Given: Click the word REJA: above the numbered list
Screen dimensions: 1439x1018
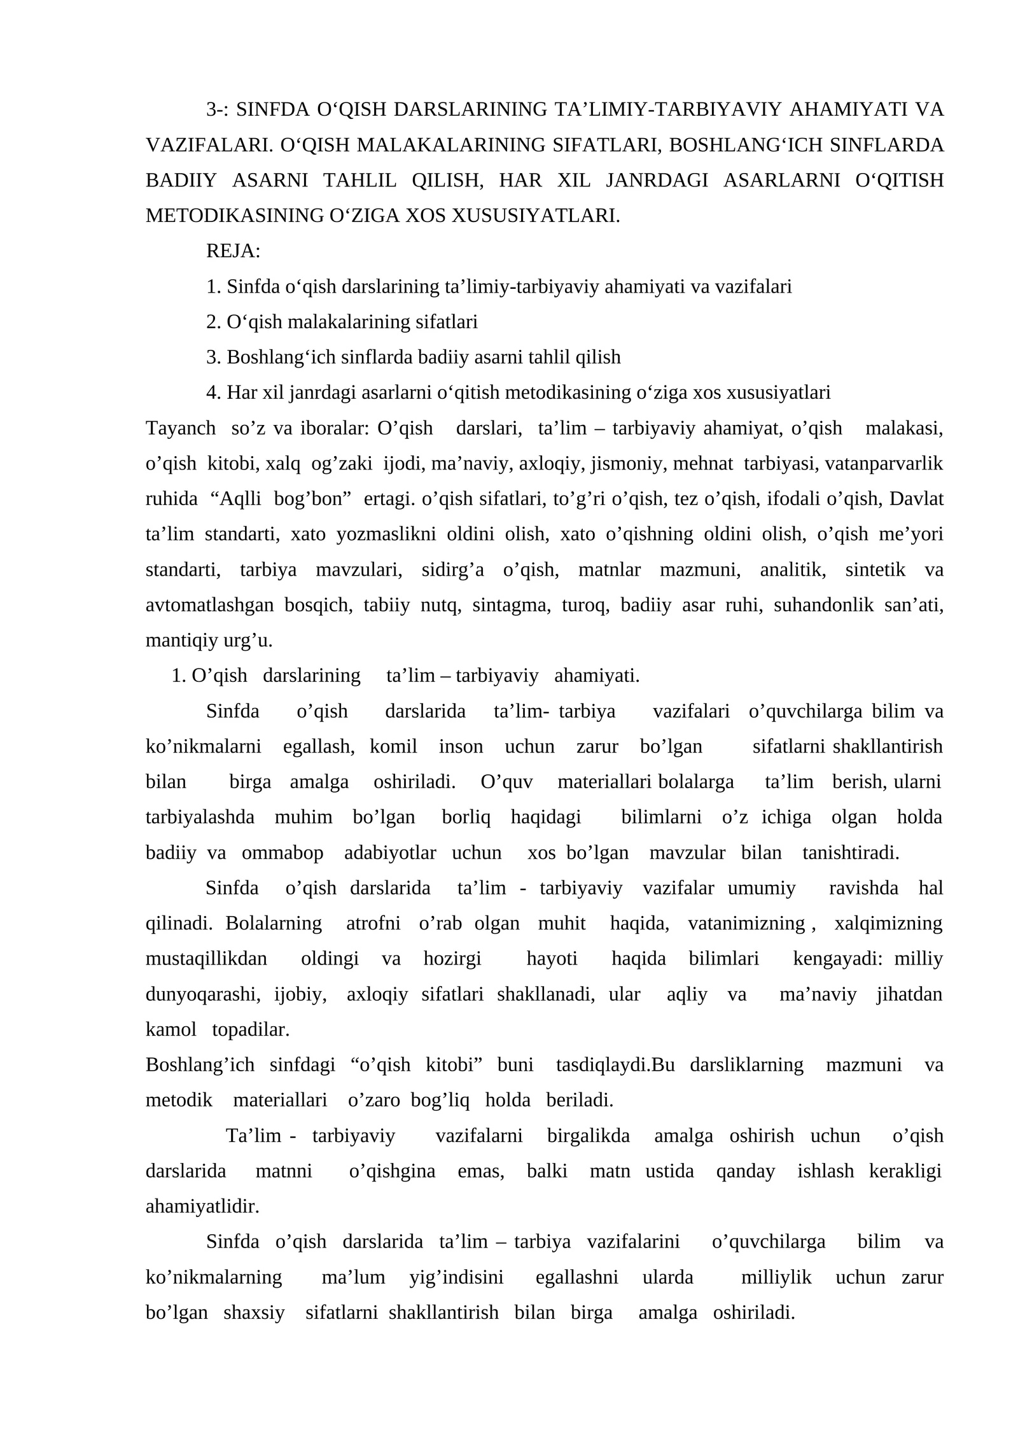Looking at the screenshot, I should [233, 251].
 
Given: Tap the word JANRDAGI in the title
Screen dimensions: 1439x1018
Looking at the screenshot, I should [657, 181].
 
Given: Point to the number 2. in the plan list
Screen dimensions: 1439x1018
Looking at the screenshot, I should [214, 323].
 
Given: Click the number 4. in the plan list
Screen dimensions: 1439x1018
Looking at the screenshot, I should [214, 393].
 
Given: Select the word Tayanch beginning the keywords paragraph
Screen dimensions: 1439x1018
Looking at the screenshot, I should [181, 428].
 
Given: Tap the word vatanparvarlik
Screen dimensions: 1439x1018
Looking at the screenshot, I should [884, 464].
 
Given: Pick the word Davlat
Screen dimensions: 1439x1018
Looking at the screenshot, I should [916, 499].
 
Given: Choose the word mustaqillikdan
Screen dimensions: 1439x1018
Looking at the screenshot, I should [206, 959].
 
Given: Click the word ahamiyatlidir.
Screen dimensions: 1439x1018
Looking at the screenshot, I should [202, 1207].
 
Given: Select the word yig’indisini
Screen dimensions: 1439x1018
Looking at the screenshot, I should [456, 1277].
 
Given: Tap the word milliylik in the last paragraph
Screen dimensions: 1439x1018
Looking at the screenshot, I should [776, 1277].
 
